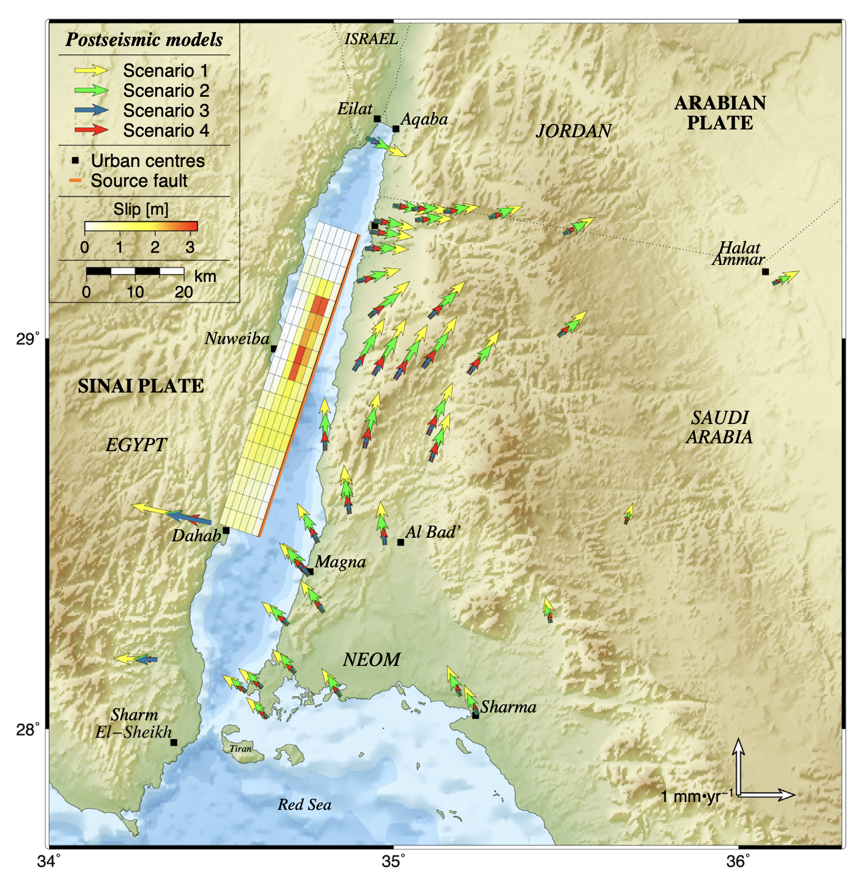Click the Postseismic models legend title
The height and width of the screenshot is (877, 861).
[144, 40]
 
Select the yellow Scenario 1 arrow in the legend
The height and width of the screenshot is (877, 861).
[91, 71]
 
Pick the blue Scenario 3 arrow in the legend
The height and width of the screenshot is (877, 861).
[91, 111]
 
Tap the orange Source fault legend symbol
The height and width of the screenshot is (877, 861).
[76, 181]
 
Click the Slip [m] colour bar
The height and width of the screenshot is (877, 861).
[141, 227]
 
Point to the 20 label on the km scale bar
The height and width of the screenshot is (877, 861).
[184, 292]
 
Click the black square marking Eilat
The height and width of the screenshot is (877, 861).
[377, 119]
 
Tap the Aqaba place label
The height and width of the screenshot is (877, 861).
[424, 119]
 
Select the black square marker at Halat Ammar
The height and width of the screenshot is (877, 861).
[765, 272]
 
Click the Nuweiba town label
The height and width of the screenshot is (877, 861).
[236, 339]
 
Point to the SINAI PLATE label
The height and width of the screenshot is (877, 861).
[141, 386]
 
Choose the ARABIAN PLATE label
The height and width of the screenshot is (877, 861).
[720, 113]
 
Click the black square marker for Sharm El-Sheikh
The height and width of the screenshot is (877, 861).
[174, 742]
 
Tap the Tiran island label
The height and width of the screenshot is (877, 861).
[240, 749]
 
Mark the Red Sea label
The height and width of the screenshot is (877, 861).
[305, 805]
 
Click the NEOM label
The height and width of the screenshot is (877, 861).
[371, 660]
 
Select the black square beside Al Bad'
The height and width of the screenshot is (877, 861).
[400, 542]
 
